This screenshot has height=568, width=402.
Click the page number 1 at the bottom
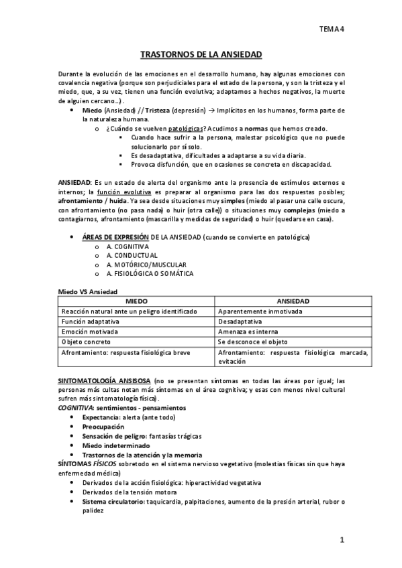click(x=342, y=539)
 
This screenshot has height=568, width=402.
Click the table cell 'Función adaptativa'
click(x=89, y=322)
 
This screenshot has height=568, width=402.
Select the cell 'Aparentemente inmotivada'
click(x=260, y=311)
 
